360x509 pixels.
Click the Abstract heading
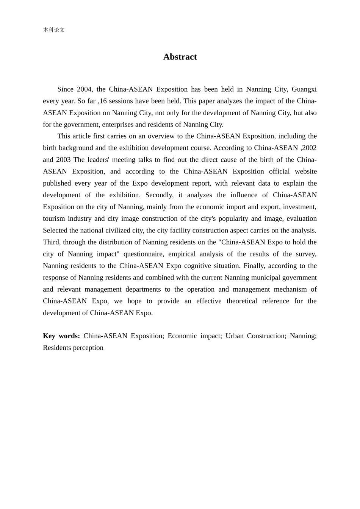tap(180, 57)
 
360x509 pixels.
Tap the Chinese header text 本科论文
tap(54, 30)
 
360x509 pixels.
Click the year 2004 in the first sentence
tap(84, 89)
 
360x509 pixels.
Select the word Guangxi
tap(304, 89)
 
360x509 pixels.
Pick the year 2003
tap(63, 160)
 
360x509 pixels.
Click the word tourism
tap(53, 219)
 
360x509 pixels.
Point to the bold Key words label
tap(61, 336)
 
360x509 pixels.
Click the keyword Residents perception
tap(73, 348)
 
